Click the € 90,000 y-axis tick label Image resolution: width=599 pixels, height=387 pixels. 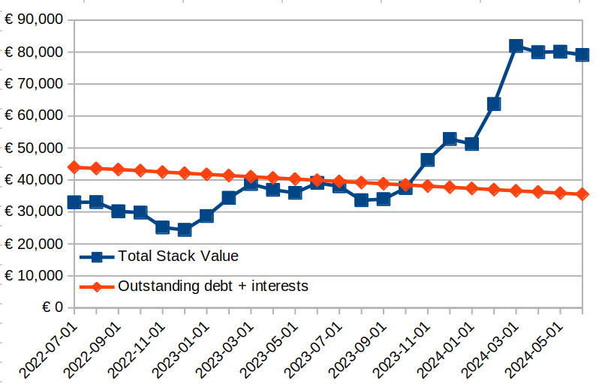(33, 20)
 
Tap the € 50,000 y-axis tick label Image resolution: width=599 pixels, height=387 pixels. (33, 148)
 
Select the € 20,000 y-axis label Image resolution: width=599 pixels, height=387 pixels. (33, 244)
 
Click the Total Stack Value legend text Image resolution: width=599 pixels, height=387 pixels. (178, 256)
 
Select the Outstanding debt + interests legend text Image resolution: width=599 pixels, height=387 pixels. (213, 286)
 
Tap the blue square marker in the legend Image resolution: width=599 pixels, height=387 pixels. (97, 257)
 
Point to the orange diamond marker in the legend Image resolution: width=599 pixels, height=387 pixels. (97, 286)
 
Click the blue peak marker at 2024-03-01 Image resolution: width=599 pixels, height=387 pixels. (516, 46)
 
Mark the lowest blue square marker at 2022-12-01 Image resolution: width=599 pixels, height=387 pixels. (185, 229)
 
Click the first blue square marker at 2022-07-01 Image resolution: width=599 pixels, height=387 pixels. (74, 202)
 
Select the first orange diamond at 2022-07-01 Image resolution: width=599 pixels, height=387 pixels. (74, 167)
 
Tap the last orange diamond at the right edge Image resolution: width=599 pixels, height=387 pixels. (582, 194)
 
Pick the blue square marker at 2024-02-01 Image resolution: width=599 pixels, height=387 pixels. (494, 104)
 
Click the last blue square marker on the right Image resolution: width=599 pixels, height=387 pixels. (582, 55)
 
